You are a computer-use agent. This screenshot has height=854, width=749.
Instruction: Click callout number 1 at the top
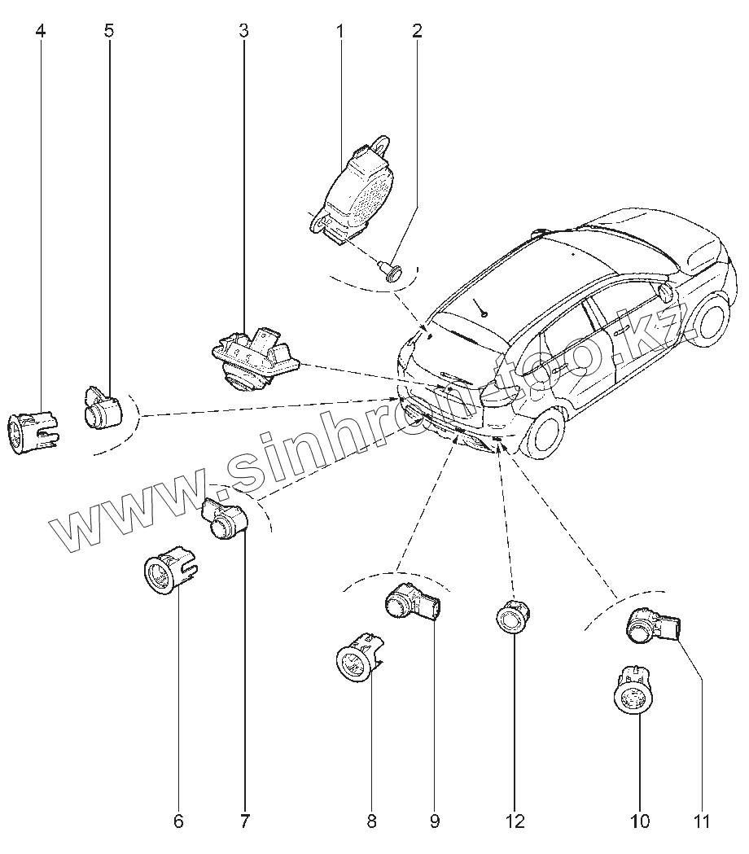pyautogui.click(x=339, y=32)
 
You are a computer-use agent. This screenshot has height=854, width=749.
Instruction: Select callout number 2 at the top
pyautogui.click(x=417, y=32)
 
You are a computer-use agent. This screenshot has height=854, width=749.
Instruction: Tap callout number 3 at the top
pyautogui.click(x=243, y=32)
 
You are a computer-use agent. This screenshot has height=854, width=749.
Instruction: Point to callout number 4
pyautogui.click(x=41, y=32)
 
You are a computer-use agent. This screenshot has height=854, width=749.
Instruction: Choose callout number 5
pyautogui.click(x=109, y=32)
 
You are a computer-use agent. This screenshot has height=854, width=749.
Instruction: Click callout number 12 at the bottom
pyautogui.click(x=515, y=821)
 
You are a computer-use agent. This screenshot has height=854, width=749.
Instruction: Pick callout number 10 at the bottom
pyautogui.click(x=640, y=821)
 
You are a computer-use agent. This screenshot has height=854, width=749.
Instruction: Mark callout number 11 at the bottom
pyautogui.click(x=702, y=821)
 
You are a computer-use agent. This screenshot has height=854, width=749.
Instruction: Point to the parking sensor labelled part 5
pyautogui.click(x=102, y=408)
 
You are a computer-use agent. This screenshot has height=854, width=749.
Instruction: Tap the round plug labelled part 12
pyautogui.click(x=513, y=618)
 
